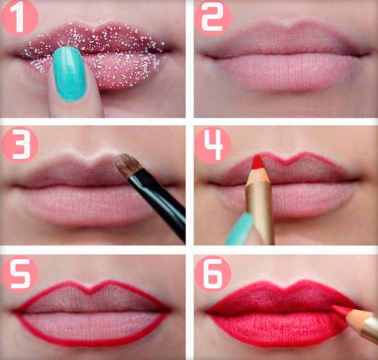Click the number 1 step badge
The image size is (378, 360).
(20, 18)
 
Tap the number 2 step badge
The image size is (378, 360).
(212, 18)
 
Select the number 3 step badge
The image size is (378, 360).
(20, 144)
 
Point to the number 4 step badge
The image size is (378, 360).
(213, 144)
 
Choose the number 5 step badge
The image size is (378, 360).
(20, 274)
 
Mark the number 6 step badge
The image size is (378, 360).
(212, 274)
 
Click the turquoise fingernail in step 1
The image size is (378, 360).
(69, 74)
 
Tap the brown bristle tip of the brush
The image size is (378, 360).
(127, 165)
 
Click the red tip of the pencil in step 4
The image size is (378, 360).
(257, 163)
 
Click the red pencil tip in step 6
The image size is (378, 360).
(341, 310)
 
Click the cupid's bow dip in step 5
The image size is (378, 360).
(89, 292)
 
